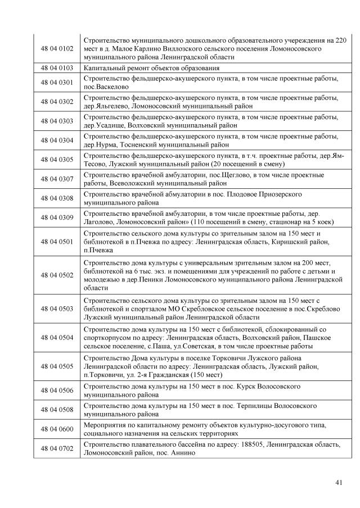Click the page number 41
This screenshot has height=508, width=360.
click(338, 482)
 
